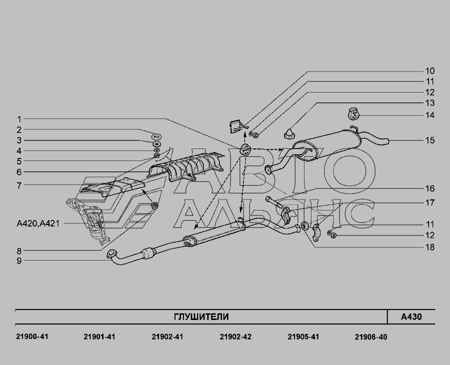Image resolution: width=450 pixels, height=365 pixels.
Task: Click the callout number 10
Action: point(429,70)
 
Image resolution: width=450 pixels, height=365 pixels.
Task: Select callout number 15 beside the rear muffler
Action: point(429,140)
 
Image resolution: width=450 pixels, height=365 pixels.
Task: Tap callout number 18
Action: point(429,247)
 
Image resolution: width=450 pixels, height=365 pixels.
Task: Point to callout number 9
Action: point(18,260)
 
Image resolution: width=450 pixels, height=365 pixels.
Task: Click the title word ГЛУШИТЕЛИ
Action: point(201,317)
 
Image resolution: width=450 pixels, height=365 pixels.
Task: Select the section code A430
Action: point(411,317)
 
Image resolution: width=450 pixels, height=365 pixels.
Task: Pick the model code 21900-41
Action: point(29,337)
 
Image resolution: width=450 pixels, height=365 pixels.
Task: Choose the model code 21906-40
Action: point(371,337)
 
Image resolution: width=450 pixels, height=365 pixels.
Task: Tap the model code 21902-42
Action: point(235,337)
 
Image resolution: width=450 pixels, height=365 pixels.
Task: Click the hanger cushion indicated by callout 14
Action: point(352,114)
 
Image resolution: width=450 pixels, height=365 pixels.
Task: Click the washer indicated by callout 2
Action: point(156,135)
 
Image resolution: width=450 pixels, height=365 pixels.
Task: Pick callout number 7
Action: point(18,185)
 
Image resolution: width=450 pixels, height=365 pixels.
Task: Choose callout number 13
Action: point(429,103)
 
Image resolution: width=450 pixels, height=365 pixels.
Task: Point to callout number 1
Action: point(18,119)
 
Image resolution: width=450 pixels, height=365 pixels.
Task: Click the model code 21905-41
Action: point(303,337)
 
